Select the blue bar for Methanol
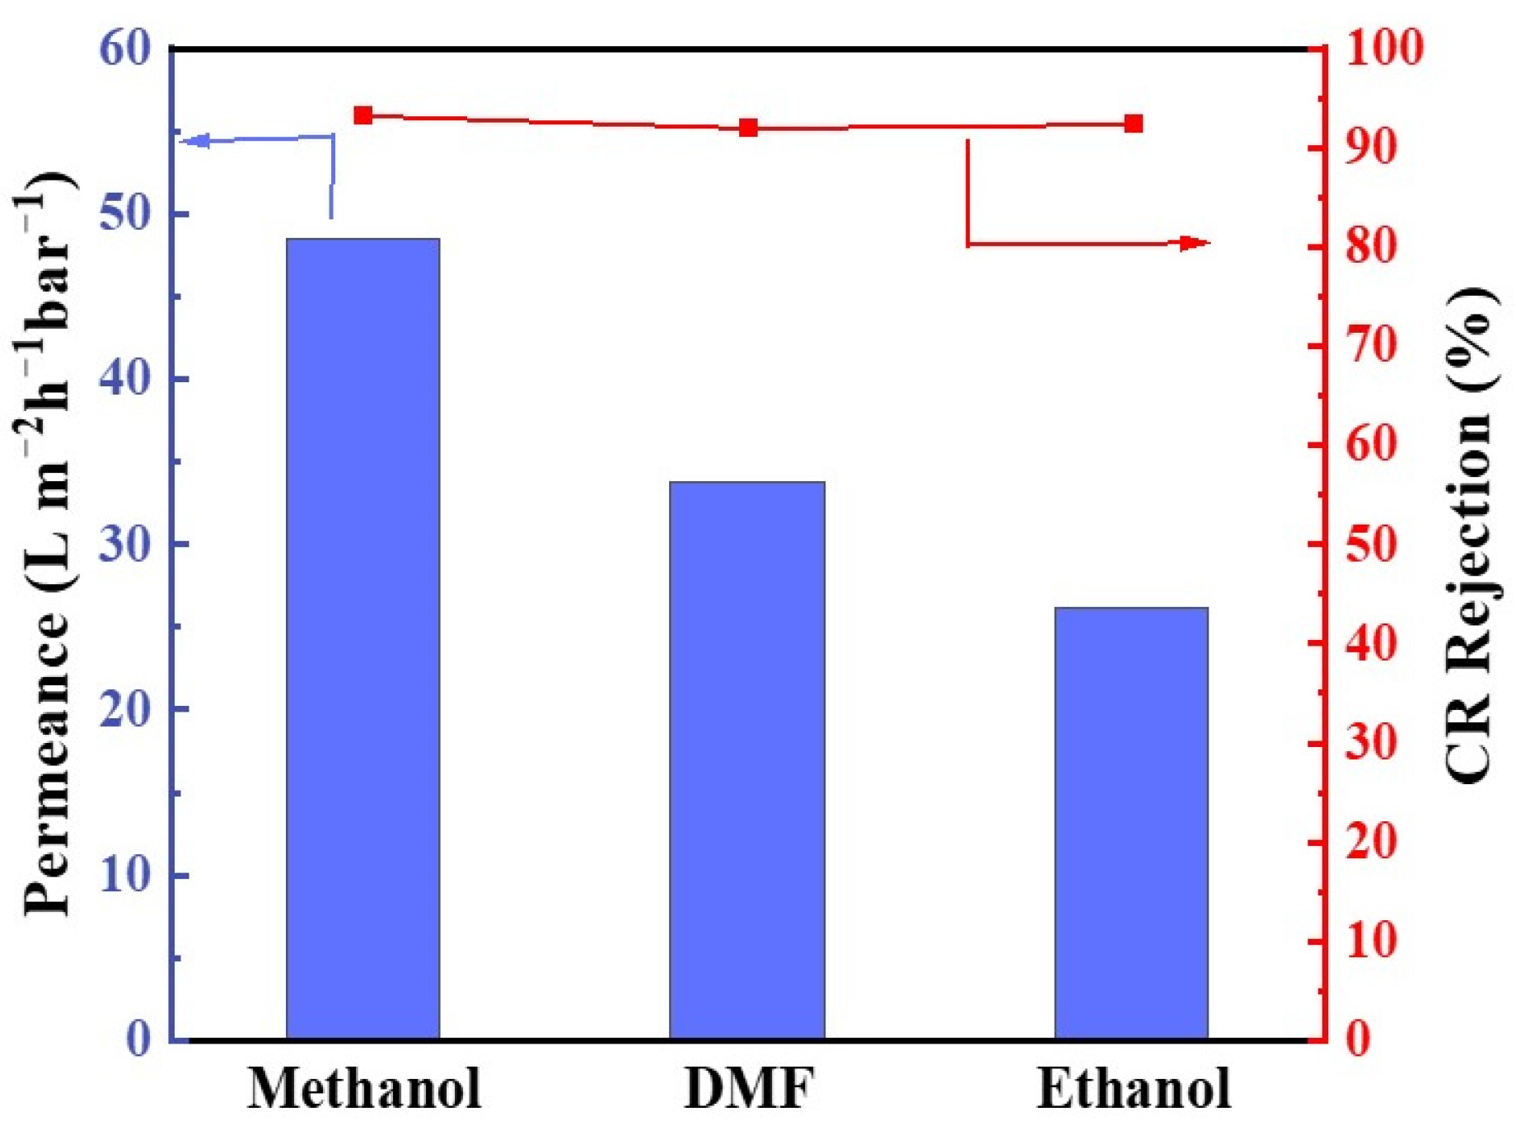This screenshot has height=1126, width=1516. [363, 638]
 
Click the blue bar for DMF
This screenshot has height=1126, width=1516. [747, 759]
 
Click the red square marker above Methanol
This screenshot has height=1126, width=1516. [363, 115]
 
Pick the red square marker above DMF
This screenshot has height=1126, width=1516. [748, 128]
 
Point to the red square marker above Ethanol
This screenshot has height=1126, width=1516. [1134, 124]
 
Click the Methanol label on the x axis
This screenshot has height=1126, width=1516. [365, 1088]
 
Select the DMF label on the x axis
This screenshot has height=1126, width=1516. [749, 1088]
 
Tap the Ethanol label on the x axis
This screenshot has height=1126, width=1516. [1134, 1088]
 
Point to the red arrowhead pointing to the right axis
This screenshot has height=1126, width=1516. [1195, 243]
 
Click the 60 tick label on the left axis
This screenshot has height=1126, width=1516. [126, 49]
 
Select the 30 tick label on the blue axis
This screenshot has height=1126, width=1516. [126, 544]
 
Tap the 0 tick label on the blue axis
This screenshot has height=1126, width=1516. [138, 1040]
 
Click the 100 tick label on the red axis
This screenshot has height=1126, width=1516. [1385, 49]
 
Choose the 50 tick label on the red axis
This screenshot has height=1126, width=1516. [1372, 544]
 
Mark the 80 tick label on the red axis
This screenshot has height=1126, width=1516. [1372, 246]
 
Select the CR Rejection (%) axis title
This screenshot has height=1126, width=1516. [1471, 535]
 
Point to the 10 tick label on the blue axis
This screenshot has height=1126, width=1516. [126, 875]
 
